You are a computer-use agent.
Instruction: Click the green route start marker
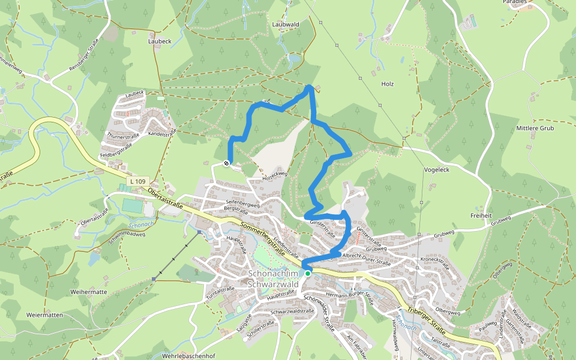click(x=308, y=273)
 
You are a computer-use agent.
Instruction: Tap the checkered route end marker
click(x=227, y=163)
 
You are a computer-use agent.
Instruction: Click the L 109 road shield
click(x=137, y=181)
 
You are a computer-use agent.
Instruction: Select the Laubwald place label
click(x=285, y=25)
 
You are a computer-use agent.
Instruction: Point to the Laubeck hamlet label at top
click(x=160, y=42)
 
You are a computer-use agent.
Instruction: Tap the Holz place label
click(x=388, y=84)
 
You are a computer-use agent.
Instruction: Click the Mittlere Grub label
click(x=535, y=128)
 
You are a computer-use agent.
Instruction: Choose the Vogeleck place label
click(x=436, y=170)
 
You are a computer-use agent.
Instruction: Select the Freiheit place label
click(x=481, y=215)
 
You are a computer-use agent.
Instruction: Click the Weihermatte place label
click(x=88, y=292)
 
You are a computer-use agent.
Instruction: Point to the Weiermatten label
click(x=44, y=314)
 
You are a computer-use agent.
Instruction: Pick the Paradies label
click(x=519, y=2)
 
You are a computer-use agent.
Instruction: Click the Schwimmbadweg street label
click(x=127, y=235)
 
